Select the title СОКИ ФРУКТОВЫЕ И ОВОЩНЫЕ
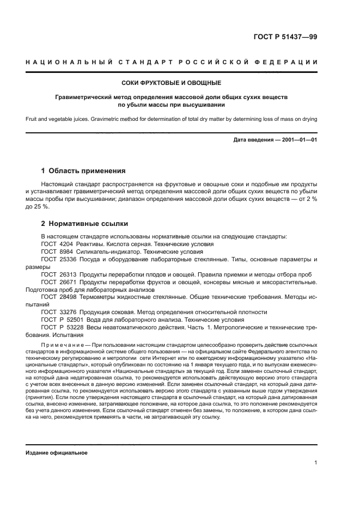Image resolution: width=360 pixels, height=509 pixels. click(x=171, y=83)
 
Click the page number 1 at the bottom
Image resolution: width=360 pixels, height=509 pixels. click(x=316, y=463)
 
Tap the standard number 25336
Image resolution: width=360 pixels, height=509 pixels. click(x=69, y=260)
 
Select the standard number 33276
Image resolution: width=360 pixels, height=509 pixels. click(x=69, y=312)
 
